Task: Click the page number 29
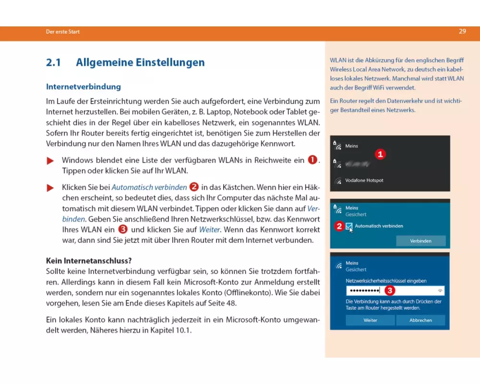(462, 31)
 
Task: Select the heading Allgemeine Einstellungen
(140, 62)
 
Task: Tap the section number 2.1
(54, 62)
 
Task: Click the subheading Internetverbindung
(83, 87)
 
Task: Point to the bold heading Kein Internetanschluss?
(89, 262)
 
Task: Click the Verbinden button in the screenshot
(420, 241)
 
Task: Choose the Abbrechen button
(420, 320)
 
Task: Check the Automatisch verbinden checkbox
(349, 226)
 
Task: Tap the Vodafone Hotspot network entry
(364, 180)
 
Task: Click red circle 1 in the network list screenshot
(380, 154)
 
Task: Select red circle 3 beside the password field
(390, 290)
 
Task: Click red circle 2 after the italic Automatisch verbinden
(194, 187)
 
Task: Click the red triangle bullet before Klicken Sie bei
(50, 188)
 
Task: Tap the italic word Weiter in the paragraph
(209, 230)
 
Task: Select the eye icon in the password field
(440, 291)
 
